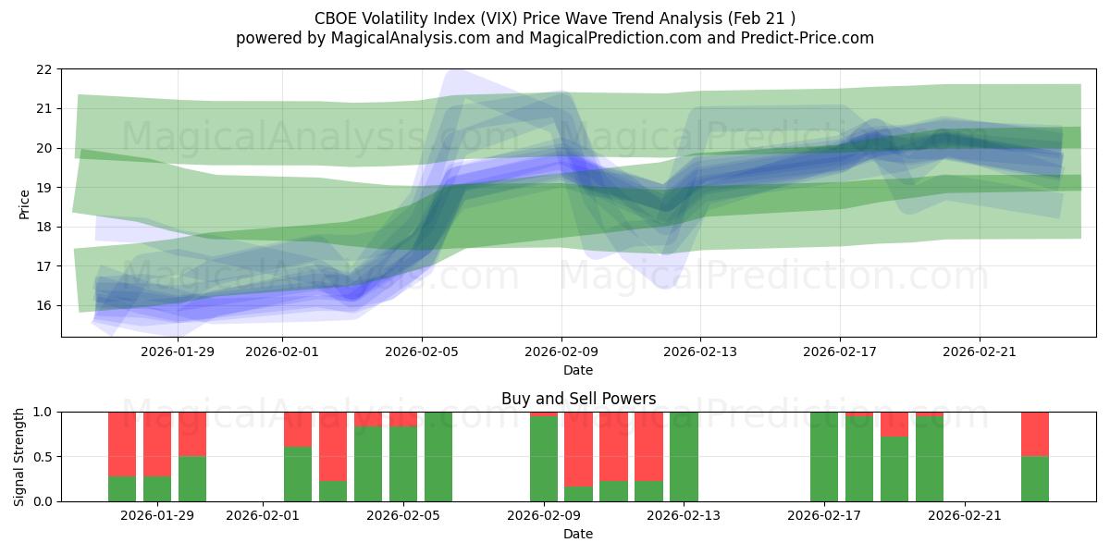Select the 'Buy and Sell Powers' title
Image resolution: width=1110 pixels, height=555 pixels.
point(578,399)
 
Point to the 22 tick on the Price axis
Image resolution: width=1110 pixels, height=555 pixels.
point(43,69)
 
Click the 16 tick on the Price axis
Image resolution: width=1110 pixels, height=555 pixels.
point(43,305)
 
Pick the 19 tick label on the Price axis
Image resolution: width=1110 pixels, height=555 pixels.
point(43,188)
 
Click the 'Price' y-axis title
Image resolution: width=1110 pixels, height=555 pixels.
point(25,204)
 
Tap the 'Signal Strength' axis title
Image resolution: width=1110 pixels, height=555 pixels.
point(19,456)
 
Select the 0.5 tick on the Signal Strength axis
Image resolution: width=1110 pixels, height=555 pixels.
point(42,457)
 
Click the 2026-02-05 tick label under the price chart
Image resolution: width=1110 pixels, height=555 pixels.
point(422,351)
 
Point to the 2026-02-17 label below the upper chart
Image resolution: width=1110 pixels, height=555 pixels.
point(840,351)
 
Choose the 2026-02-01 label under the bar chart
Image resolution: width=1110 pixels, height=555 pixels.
point(264,515)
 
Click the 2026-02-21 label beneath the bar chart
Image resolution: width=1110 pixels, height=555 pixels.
point(964,515)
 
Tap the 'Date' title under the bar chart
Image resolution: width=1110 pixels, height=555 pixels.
point(578,534)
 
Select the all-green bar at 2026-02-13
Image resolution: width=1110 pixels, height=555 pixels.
point(684,457)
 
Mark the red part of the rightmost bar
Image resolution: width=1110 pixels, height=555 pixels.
point(1034,434)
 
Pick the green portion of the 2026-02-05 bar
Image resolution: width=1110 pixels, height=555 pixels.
point(403,463)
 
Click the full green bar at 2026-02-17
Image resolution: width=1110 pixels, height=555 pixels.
point(823,457)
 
